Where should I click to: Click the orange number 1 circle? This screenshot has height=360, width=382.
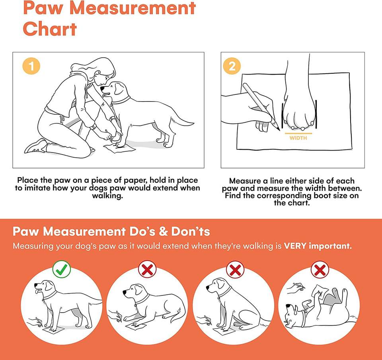31,66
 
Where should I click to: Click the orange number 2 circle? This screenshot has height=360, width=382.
232,66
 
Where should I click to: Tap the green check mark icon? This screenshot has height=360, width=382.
62,269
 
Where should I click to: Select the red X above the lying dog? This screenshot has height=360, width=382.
147,269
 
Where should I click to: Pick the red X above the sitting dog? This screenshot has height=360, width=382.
235,270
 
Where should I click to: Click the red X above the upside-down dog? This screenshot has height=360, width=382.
320,270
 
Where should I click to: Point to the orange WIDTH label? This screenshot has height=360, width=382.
298,138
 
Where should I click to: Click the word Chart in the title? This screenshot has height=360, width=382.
50,29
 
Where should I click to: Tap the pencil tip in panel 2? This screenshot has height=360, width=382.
279,130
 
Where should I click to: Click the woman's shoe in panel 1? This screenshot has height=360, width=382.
35,146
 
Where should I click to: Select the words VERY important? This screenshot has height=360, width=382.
318,246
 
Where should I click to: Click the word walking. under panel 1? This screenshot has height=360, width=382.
107,196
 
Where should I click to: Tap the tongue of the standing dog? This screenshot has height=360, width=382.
37,292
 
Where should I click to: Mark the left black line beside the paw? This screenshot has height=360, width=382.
283,115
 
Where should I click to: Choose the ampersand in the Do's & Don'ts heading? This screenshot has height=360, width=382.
163,231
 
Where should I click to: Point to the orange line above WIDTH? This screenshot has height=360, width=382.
298,133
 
